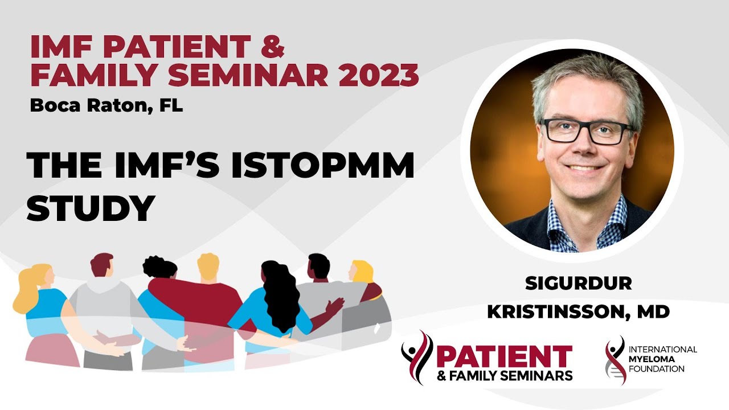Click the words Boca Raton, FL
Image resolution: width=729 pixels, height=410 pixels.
coord(107,106)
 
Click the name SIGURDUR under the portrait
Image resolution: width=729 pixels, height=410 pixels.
coord(579,284)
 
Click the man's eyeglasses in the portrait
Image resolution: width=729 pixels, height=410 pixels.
coord(587,132)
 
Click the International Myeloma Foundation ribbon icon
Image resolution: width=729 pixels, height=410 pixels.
coord(615,360)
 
